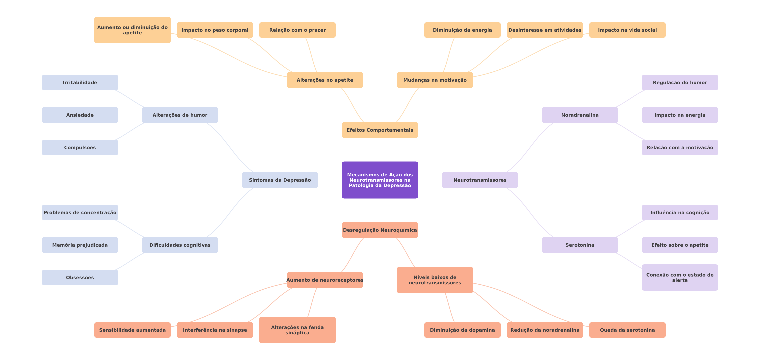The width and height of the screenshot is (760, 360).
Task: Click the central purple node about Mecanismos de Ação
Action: [380, 180]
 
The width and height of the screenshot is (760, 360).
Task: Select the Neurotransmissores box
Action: [480, 180]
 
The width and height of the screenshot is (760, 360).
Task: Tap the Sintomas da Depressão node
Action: [280, 180]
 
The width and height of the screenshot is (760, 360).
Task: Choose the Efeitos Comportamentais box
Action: [380, 130]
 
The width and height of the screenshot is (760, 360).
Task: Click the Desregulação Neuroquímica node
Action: [380, 230]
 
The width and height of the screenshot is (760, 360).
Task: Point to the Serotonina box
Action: [580, 245]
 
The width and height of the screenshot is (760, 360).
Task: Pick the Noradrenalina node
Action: [580, 115]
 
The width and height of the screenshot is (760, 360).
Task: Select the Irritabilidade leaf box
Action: [80, 83]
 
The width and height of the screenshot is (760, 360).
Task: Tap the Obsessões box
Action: [80, 277]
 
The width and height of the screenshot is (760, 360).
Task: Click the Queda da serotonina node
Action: [627, 330]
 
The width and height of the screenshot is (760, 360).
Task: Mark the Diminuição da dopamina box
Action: [462, 330]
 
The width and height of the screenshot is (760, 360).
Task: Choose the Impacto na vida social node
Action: [627, 30]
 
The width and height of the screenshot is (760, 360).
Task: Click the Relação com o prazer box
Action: [297, 30]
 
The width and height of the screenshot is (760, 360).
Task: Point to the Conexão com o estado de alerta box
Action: [680, 277]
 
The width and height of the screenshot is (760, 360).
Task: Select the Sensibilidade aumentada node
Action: [132, 330]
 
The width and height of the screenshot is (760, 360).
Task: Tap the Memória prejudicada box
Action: [80, 245]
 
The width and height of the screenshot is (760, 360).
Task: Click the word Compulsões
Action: [80, 148]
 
